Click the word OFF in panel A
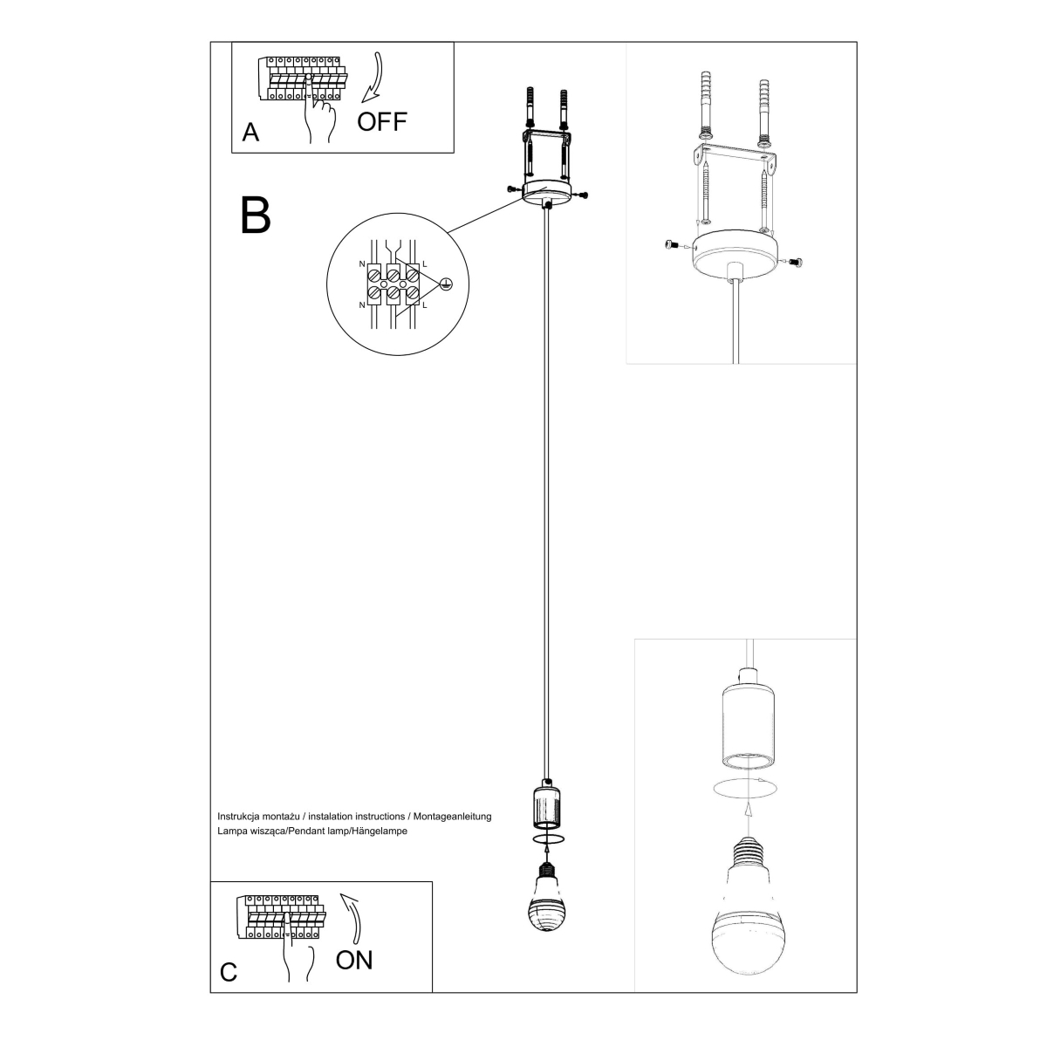382,121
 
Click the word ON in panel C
354,961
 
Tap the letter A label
251,133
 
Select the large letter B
256,215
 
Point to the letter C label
229,973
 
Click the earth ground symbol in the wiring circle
446,284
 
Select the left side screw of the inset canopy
671,246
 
